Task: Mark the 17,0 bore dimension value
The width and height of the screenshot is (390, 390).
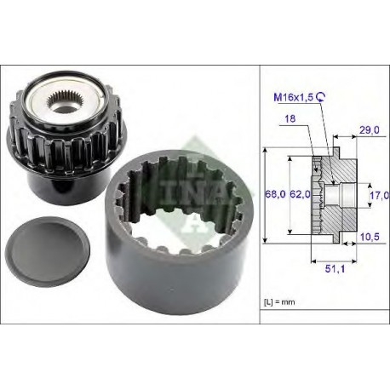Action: [378, 195]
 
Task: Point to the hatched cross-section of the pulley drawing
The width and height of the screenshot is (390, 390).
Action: [341, 175]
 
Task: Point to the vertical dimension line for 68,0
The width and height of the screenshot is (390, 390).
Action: [266, 195]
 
